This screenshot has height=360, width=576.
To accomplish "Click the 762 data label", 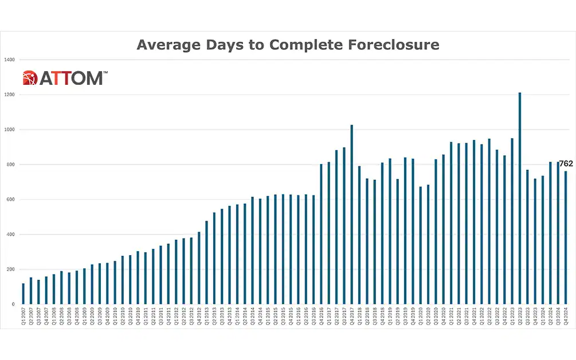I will click(x=566, y=164).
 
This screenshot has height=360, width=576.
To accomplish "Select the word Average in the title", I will click(x=167, y=45).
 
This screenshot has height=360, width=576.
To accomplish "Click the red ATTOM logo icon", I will click(x=30, y=78).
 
